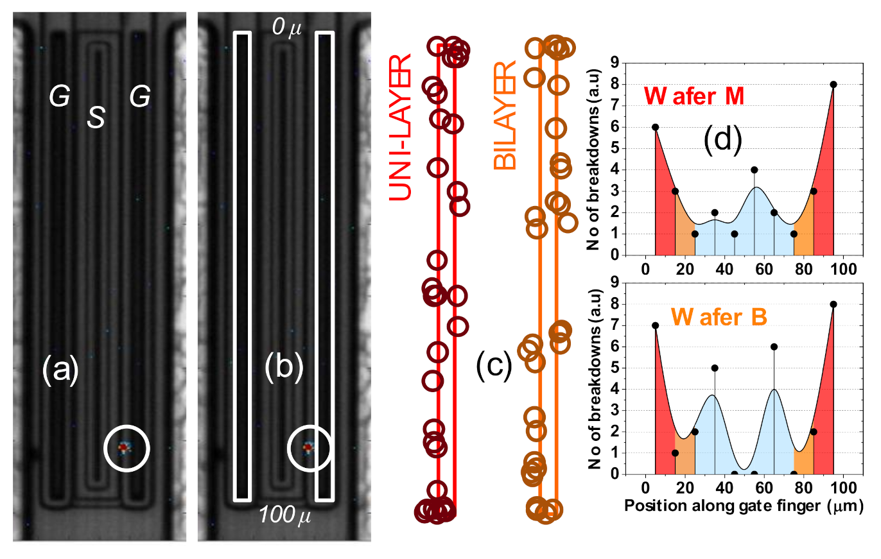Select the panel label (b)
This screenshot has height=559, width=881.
click(x=284, y=370)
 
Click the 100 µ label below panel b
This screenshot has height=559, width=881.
click(x=285, y=515)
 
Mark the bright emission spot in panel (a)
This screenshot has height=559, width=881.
click(x=125, y=447)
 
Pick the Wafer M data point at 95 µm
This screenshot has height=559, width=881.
click(x=833, y=85)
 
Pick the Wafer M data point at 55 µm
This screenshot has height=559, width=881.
click(x=754, y=170)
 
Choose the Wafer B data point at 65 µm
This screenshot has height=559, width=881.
click(x=774, y=347)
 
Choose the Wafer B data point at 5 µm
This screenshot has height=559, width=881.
click(x=655, y=325)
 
